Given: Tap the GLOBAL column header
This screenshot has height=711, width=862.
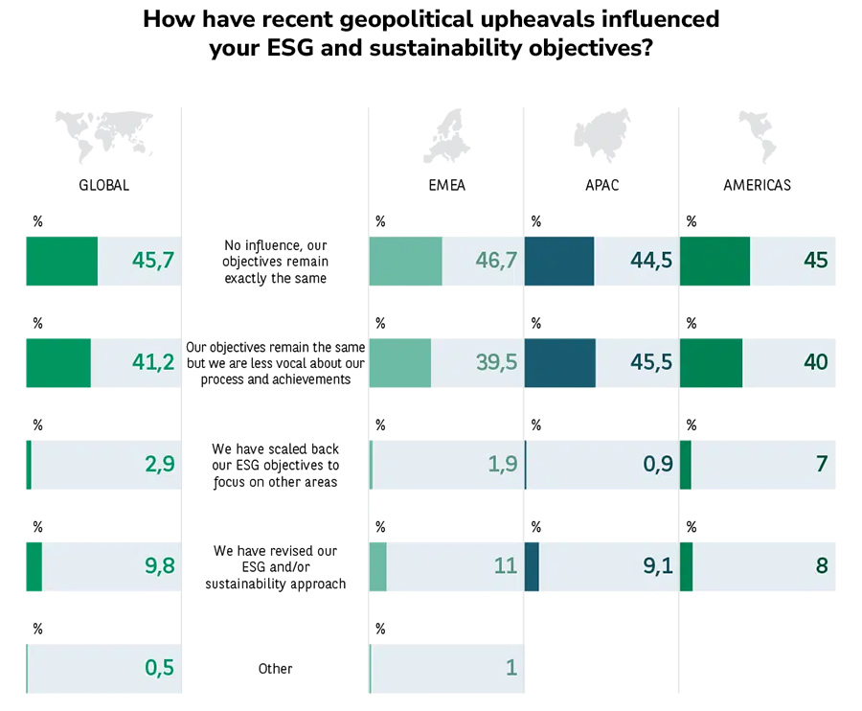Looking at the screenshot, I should click(103, 185).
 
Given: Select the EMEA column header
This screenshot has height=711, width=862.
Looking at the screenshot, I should click(446, 185).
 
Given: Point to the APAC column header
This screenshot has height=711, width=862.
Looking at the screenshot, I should click(602, 185).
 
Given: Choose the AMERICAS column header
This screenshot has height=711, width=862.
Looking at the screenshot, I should click(757, 185).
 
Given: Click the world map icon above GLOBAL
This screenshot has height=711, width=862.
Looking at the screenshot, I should click(103, 137).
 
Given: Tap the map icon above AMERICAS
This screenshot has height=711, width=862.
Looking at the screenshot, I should click(757, 136).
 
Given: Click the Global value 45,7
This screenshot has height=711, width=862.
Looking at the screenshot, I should click(153, 261).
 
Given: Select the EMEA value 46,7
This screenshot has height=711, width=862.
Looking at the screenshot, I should click(496, 261).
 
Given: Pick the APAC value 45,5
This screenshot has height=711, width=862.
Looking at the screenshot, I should click(651, 362).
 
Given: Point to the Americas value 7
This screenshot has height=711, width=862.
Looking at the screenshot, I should click(821, 465).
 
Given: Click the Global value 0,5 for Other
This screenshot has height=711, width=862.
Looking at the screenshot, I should click(159, 668).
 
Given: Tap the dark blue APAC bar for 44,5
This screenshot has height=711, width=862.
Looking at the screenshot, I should click(559, 261).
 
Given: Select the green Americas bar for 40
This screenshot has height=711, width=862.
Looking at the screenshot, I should click(711, 362).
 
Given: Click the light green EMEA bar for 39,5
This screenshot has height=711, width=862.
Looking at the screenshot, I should click(400, 362).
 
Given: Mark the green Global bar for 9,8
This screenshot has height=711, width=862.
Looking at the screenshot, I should click(34, 566).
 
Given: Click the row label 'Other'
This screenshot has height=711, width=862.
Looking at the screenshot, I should click(275, 669).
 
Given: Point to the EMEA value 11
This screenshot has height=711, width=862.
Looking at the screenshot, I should click(506, 566).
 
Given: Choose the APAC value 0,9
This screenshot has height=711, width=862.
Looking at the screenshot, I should click(657, 465).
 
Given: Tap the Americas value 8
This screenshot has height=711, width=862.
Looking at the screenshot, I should click(821, 566).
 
